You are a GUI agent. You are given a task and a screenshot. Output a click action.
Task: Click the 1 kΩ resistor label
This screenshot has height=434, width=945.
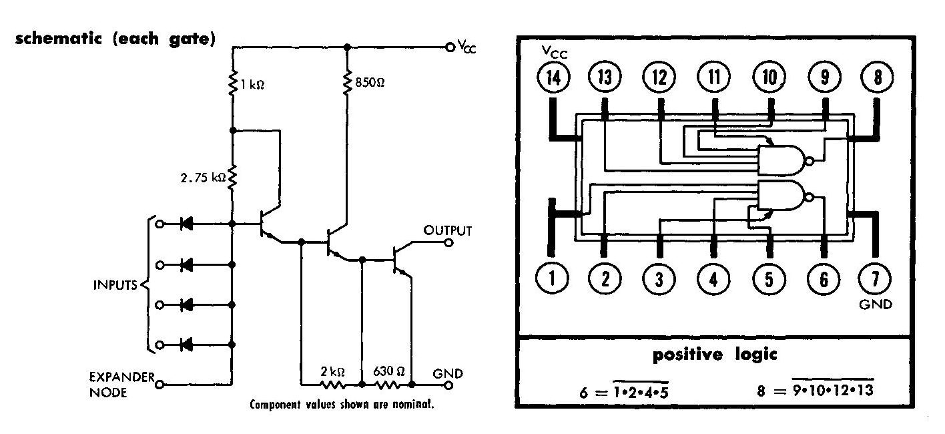coord(252,85)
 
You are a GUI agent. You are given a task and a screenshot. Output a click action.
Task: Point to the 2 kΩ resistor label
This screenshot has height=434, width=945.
coord(332,371)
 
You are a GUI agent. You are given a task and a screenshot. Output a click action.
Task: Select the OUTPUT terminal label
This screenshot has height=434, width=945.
coord(448,231)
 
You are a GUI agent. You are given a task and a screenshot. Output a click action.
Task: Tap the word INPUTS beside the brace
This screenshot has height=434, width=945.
coord(115,285)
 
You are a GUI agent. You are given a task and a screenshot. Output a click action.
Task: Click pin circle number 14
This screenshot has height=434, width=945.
coord(553,78)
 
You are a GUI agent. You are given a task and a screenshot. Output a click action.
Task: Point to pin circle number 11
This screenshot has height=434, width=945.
coord(715,78)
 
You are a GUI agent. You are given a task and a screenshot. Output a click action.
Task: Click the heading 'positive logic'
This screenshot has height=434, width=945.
coord(715,355)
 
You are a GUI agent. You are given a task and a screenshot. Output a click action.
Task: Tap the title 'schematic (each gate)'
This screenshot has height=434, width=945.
coord(114,39)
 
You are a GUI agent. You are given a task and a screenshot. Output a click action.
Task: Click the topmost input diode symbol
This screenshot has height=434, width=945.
coord(188,224)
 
